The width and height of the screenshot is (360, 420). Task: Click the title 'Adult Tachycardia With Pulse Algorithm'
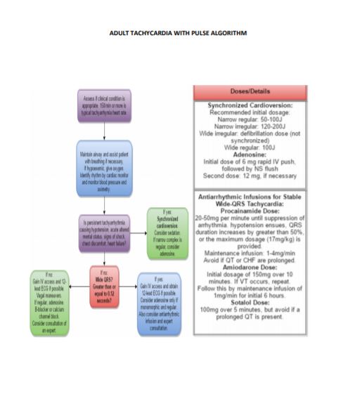coord(178,33)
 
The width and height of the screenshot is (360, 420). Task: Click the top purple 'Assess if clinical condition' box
coord(104,107)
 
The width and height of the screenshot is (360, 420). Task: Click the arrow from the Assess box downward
coord(104,133)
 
